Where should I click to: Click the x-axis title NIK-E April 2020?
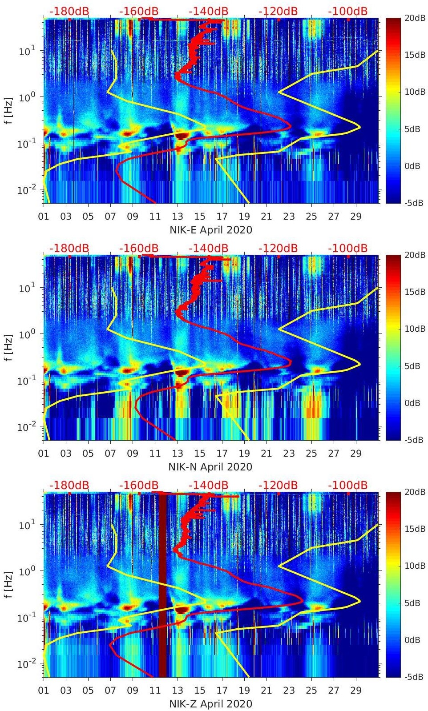(x=211, y=230)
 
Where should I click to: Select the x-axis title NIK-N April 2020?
(x=210, y=467)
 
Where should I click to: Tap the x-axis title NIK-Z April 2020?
(x=210, y=704)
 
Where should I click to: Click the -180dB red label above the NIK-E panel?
(x=69, y=11)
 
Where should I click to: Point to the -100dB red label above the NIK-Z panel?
(x=348, y=485)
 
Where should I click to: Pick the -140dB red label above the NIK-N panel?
(x=208, y=248)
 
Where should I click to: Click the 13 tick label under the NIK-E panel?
(x=178, y=217)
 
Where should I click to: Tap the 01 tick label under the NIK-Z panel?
(x=44, y=691)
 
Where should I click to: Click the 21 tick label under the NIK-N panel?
(x=266, y=454)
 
